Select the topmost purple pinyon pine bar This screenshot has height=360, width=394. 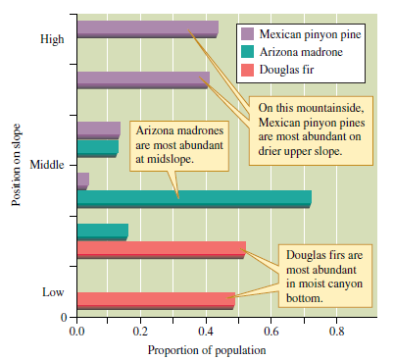point(147,27)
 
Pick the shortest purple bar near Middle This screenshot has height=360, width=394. point(82,180)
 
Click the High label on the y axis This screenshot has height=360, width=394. point(53,40)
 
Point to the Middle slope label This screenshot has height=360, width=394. point(47,162)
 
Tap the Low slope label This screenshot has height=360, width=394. point(53,292)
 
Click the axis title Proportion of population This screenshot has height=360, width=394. point(206,349)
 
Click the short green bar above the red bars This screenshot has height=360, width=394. point(102,231)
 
